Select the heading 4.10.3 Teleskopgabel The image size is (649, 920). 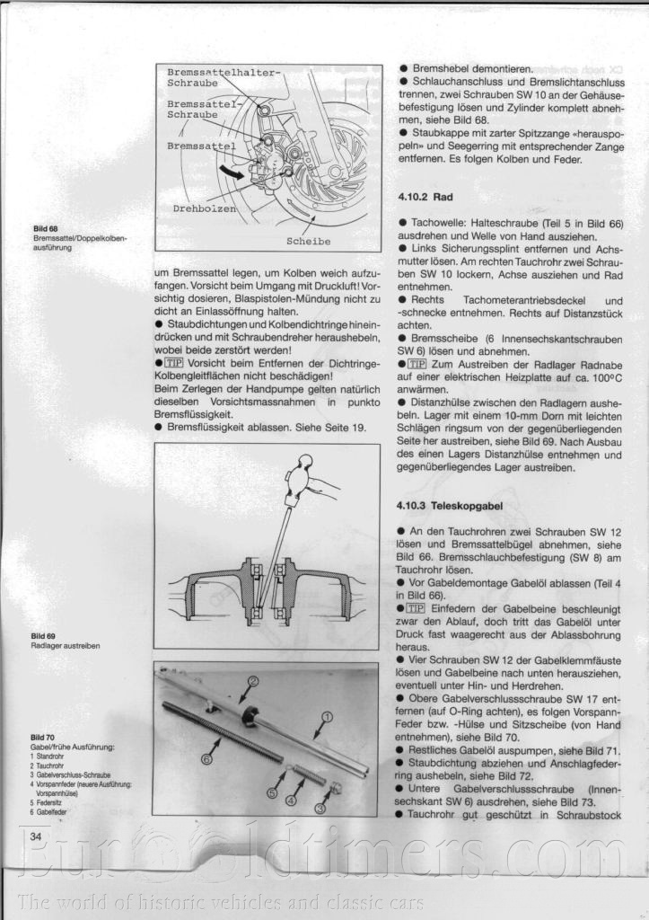tap(448, 506)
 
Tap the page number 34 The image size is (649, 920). tap(38, 836)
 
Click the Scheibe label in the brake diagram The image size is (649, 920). tap(308, 241)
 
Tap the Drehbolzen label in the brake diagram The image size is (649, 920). tap(204, 208)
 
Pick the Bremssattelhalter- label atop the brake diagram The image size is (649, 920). tap(224, 72)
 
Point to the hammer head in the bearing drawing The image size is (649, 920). tap(297, 481)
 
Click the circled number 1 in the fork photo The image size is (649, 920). tap(327, 717)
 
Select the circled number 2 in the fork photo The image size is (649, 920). tap(253, 681)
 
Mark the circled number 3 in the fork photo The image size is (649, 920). tap(321, 807)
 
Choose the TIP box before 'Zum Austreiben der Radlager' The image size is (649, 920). tap(417, 364)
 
